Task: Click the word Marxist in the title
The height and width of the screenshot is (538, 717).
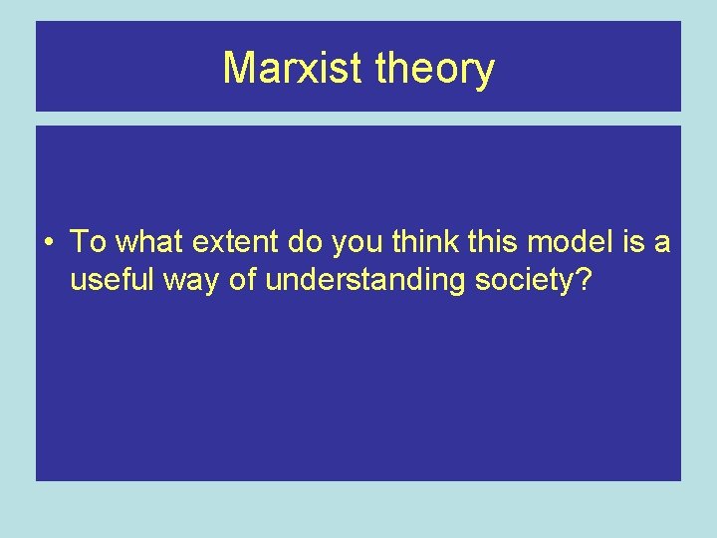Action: [295, 69]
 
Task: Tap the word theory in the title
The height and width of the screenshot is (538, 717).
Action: [435, 69]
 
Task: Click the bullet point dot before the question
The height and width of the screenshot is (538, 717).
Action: [49, 242]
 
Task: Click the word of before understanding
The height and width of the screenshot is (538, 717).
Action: [243, 281]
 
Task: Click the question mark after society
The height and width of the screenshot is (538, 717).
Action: [583, 281]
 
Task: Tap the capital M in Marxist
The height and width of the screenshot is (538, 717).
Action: [238, 69]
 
